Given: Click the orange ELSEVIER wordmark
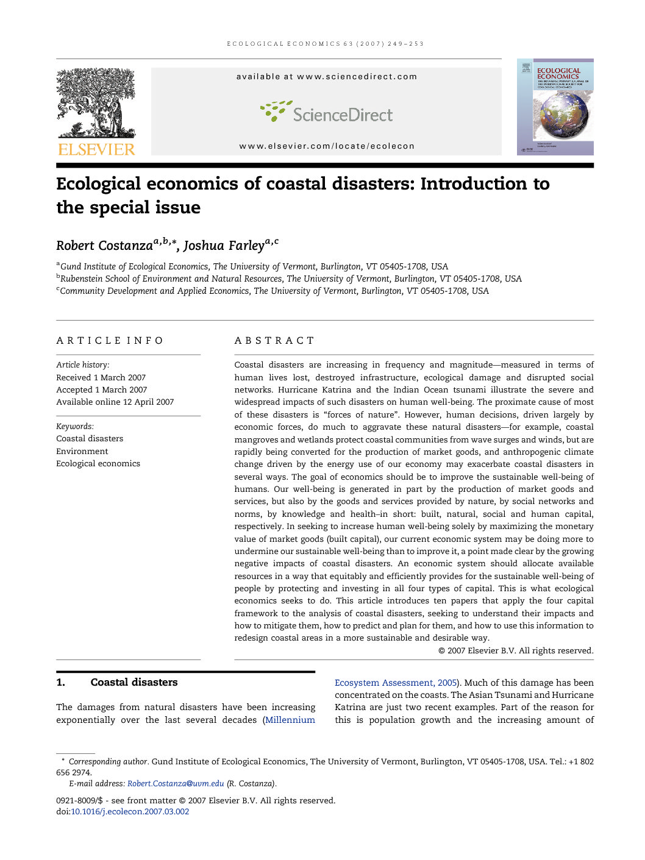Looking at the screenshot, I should coord(96,149).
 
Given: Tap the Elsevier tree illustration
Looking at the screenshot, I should coord(96,102).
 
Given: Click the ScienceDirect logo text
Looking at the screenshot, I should coord(342,115).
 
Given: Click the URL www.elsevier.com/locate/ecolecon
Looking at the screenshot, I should coord(327,146).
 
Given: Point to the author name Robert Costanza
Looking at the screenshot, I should coord(104,246).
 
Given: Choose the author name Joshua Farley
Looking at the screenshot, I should coord(224,246).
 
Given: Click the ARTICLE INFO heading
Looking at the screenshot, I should coord(110,341).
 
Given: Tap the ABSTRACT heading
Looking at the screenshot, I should coord(274,341).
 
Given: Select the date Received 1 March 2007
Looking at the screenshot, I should coord(101,377).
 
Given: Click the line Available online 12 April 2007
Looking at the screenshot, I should coord(115,402).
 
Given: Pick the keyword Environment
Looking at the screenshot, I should coord(82,451).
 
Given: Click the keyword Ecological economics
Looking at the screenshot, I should coord(98,463).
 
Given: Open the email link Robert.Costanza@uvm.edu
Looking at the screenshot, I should coord(176,784).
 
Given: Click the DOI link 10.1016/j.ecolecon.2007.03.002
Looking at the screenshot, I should coord(130,811).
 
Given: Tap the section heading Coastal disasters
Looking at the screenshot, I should coord(134,682).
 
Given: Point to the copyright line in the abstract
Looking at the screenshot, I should coord(516,650).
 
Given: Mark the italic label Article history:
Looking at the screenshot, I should coord(83,364).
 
